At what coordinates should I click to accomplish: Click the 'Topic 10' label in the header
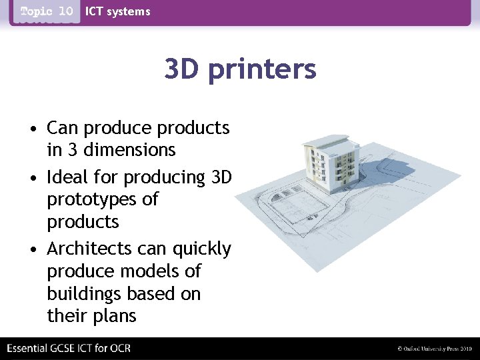click(47, 11)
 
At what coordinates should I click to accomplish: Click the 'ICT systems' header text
click(118, 11)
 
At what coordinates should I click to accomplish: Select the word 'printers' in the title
click(262, 69)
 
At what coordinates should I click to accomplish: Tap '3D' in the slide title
click(183, 69)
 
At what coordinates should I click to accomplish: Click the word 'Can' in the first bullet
click(63, 127)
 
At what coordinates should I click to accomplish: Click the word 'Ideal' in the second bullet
click(69, 177)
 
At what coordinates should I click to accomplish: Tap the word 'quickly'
click(201, 249)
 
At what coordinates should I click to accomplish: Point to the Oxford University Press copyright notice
click(434, 349)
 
